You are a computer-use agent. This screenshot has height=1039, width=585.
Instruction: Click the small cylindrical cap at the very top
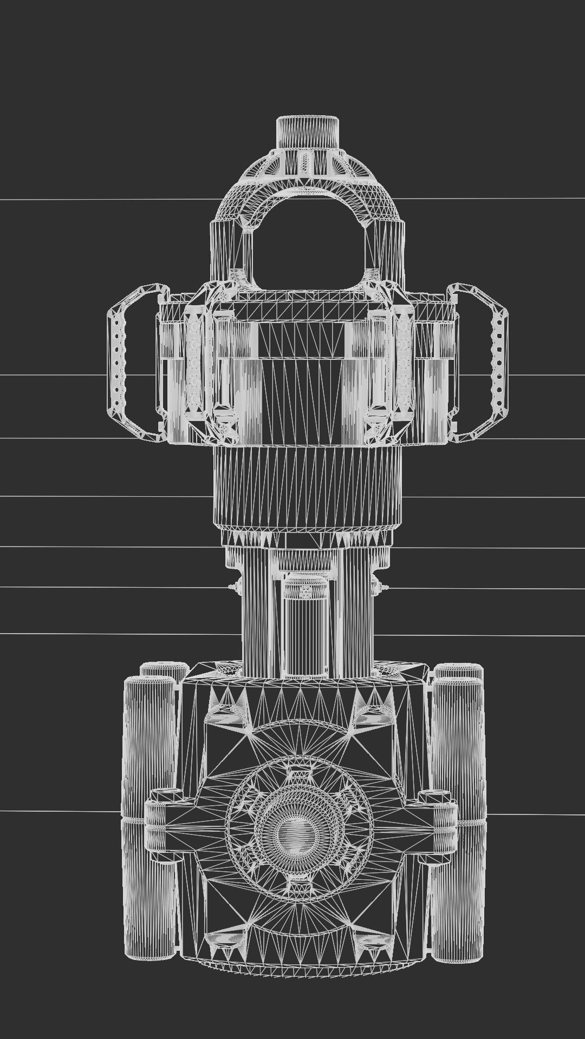(307, 133)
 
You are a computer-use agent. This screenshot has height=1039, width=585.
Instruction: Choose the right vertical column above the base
(355, 611)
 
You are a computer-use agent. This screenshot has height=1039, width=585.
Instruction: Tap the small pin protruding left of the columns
(233, 586)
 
